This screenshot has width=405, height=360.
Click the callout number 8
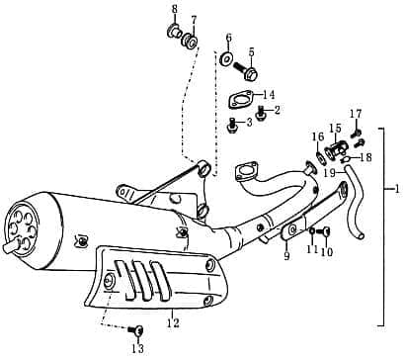click(174, 10)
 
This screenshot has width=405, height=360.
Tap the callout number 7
click(194, 20)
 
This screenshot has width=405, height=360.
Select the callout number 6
click(228, 38)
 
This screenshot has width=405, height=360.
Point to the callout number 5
click(252, 51)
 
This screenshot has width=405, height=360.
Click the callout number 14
click(269, 95)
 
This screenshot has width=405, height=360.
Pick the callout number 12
click(172, 322)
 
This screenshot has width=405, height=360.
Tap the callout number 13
click(137, 349)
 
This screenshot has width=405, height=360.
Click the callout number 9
click(286, 257)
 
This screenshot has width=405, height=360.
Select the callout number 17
click(356, 114)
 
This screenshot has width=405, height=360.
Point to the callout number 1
click(396, 188)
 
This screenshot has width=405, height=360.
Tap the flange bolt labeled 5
click(249, 72)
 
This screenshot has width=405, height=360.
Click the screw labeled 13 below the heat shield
click(137, 330)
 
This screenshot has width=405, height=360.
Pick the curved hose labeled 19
click(354, 208)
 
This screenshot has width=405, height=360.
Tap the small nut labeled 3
click(231, 126)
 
